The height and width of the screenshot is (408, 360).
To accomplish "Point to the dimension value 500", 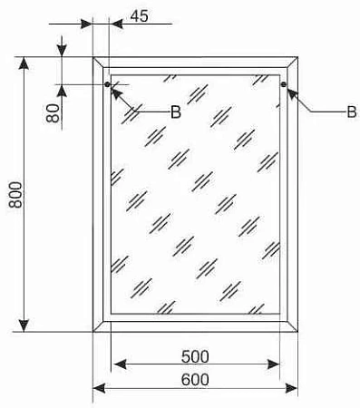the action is click(195, 355).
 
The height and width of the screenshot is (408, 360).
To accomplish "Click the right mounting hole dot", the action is click(284, 87).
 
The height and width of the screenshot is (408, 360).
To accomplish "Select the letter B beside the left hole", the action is click(175, 112).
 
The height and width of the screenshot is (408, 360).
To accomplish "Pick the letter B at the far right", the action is click(350, 112).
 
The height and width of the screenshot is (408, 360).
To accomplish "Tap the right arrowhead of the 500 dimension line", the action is click(276, 364).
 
